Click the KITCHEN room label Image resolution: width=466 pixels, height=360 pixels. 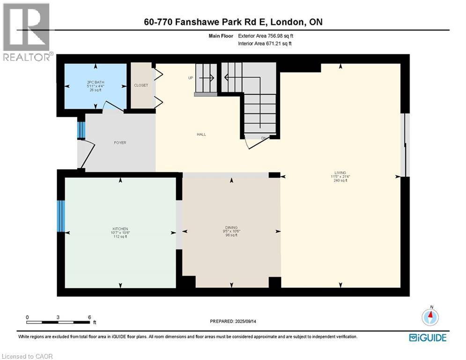tap(120, 229)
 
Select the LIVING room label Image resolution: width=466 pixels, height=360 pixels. tap(340, 172)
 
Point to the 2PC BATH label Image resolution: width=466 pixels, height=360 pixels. tap(96, 82)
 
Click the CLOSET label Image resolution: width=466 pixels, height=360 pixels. tap(141, 85)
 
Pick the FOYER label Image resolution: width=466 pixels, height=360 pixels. tap(120, 142)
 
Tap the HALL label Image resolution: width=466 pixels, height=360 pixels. tap(201, 135)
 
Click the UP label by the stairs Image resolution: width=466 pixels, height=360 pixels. tap(191, 78)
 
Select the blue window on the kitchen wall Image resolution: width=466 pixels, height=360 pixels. tap(60, 216)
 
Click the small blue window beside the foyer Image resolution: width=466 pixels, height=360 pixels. tap(81, 130)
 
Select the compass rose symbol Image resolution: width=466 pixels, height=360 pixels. tap(429, 317)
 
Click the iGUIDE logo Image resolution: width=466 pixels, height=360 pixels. tap(428, 337)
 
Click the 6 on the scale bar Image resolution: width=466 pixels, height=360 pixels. tap(89, 317)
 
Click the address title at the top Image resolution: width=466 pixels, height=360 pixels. tap(233, 22)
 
